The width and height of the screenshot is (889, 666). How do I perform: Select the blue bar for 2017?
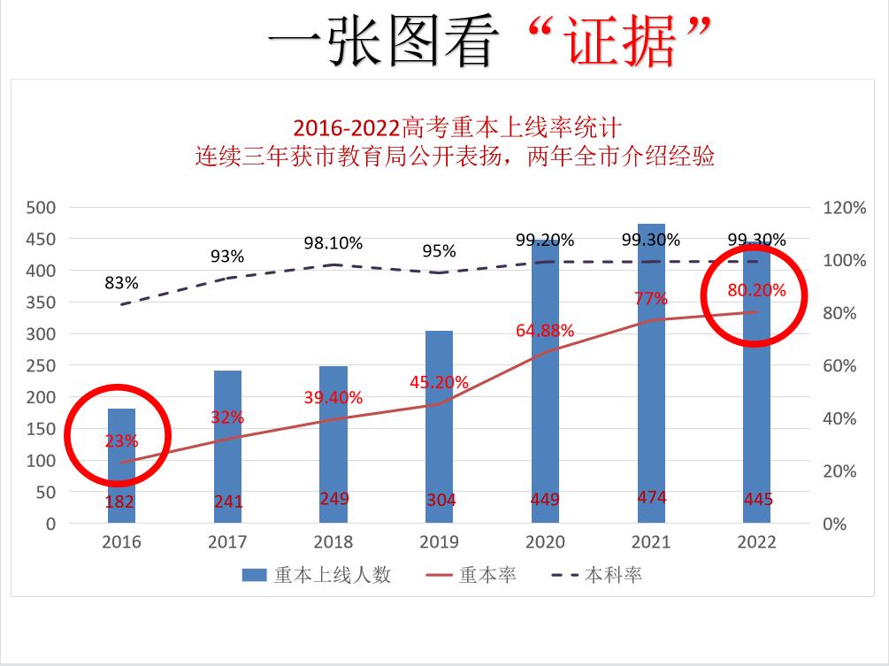227,442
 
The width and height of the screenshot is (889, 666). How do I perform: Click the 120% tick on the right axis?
845,208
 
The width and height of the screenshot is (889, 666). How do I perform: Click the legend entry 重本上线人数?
316,575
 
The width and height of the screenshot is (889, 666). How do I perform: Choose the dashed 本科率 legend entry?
595,575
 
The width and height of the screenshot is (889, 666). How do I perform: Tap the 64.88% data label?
545,331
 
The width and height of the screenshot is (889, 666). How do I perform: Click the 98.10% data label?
333,243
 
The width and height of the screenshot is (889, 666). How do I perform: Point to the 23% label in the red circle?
121,440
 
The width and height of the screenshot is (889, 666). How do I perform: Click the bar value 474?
652,498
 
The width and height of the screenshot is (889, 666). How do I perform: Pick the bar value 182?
121,501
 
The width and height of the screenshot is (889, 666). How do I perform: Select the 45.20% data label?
439,383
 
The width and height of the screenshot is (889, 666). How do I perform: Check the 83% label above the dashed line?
121,283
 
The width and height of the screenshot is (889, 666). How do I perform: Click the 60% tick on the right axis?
845,366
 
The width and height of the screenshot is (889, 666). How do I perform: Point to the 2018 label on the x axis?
333,541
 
